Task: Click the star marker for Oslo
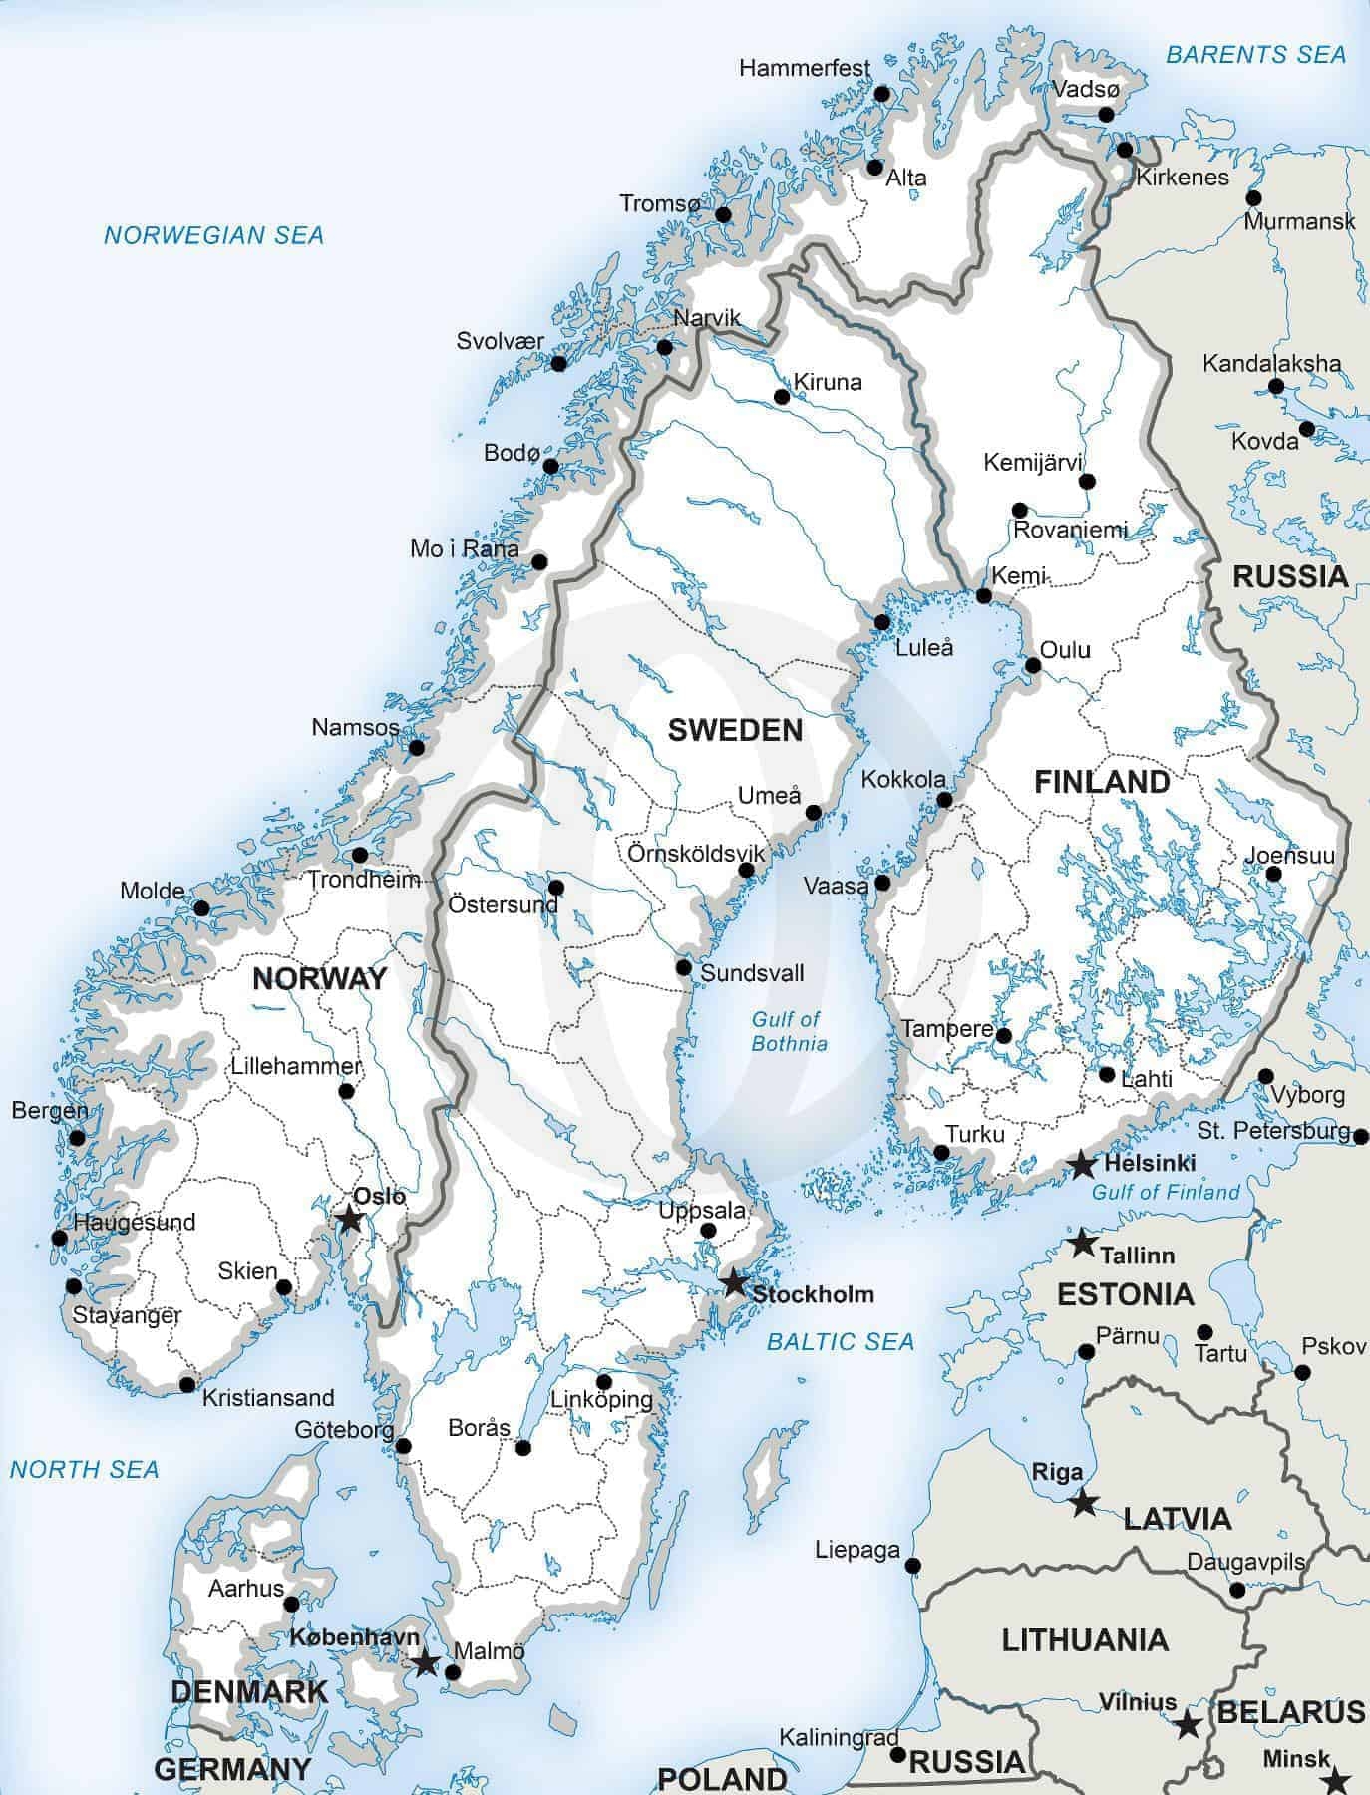pos(349,1219)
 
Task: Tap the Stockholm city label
pos(813,1294)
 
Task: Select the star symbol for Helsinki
pos(1081,1164)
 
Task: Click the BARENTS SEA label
pos(1255,55)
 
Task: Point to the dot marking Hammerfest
pos(881,93)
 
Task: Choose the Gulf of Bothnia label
pos(788,1031)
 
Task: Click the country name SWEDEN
pos(735,730)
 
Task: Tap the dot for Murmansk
pos(1253,198)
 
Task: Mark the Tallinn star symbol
pos(1081,1244)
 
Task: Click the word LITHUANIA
pos(1084,1639)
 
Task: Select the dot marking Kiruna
pos(782,397)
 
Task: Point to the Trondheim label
pos(363,880)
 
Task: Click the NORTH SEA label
pos(84,1469)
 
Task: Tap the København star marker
pos(426,1662)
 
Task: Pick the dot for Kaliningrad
pos(897,1755)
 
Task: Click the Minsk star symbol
pos(1338,1780)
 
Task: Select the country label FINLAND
pos(1101,781)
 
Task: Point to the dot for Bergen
pos(77,1137)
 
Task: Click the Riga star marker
pos(1083,1503)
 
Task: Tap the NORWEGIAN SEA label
pos(213,235)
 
